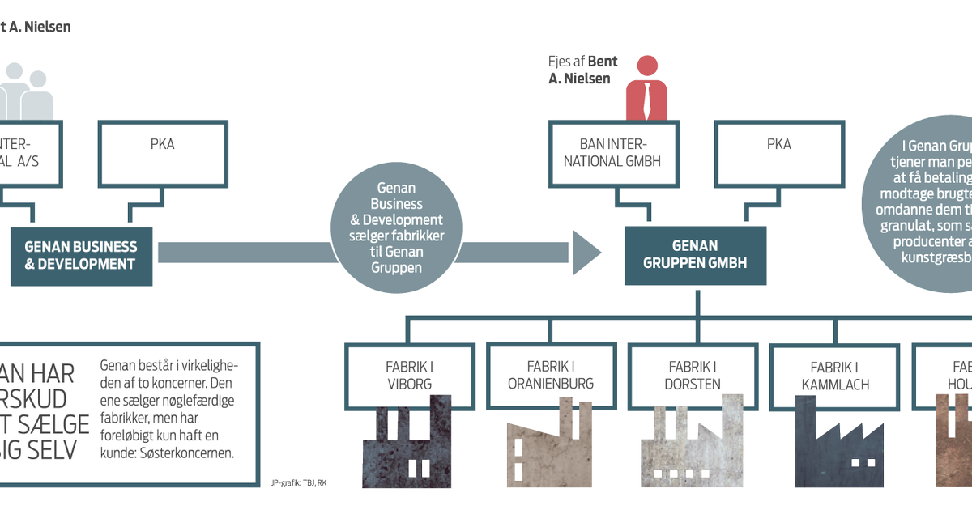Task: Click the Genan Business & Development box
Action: tap(81, 255)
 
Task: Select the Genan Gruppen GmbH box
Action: tap(695, 255)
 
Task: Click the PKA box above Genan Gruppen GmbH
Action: tap(778, 153)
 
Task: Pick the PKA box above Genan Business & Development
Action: tap(162, 153)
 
